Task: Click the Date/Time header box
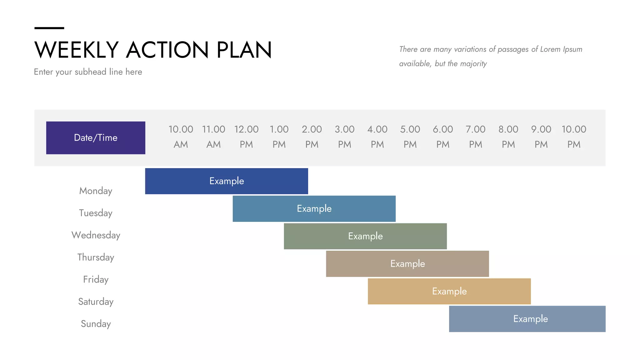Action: pos(96,138)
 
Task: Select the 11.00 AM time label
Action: pos(213,137)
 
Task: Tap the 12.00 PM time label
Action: pos(246,137)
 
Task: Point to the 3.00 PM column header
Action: pos(344,137)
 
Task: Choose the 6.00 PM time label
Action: pos(443,137)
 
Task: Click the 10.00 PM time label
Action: pos(574,137)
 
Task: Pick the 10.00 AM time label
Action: pos(181,137)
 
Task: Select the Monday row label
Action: pos(96,191)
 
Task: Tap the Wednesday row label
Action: pos(96,235)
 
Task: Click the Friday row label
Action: pos(96,279)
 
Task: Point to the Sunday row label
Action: pos(96,324)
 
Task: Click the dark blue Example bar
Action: pos(227,181)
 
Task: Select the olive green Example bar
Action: pos(365,236)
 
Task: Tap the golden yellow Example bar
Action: pos(449,291)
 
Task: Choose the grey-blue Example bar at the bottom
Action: pos(527,319)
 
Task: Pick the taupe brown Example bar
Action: pos(407,264)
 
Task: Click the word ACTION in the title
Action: pos(167,50)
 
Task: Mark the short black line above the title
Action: pos(49,28)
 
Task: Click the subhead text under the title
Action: pos(88,72)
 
